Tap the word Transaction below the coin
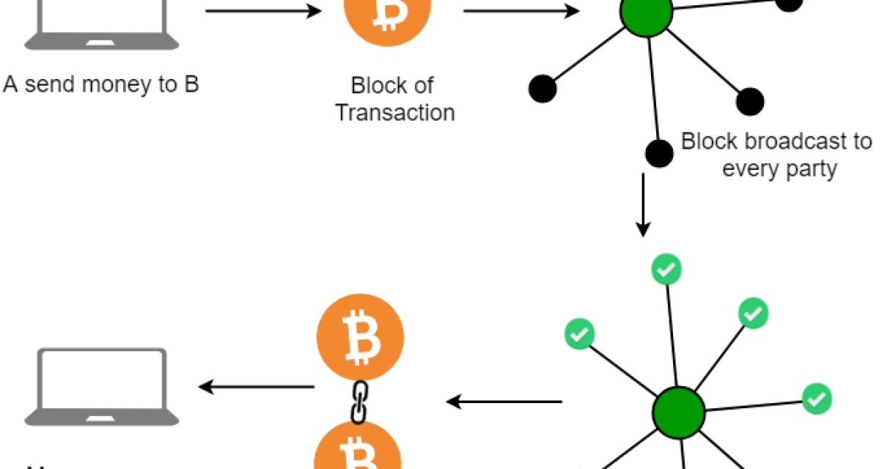click(x=394, y=113)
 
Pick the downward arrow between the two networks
click(x=643, y=205)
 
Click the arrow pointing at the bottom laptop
click(x=256, y=386)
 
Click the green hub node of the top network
click(x=647, y=12)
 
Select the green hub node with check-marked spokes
click(x=678, y=412)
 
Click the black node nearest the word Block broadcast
click(x=659, y=152)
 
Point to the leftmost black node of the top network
click(x=542, y=89)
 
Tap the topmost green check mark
click(x=666, y=270)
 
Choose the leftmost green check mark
click(x=579, y=334)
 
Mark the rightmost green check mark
click(x=816, y=399)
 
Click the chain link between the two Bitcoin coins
click(x=358, y=402)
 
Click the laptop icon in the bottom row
click(x=102, y=387)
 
